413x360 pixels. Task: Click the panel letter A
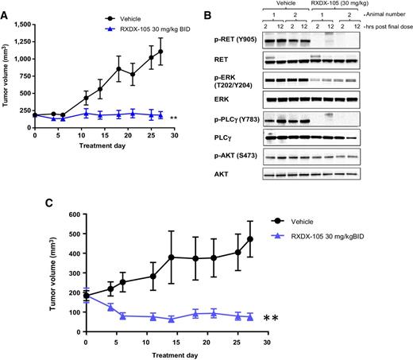tap(6, 6)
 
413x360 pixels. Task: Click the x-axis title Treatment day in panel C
tap(176, 354)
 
